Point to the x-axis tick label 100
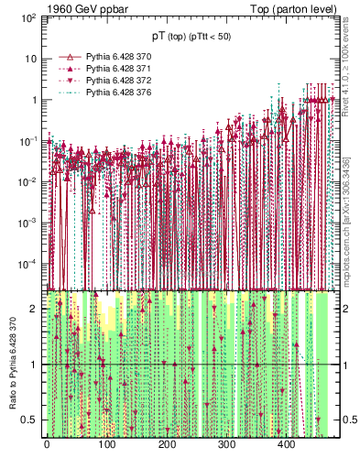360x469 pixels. (106, 445)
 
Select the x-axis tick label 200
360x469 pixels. (166, 445)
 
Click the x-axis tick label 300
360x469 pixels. (226, 445)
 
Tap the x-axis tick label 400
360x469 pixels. (286, 445)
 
